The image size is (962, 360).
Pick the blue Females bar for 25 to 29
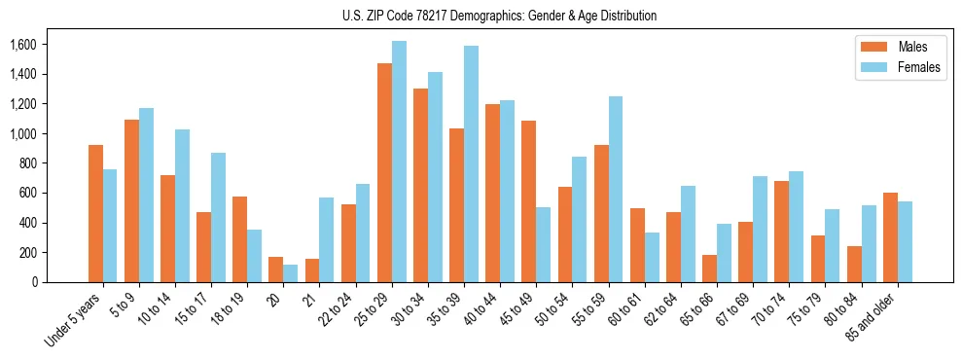click(x=399, y=162)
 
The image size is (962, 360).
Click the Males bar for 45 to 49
click(x=528, y=201)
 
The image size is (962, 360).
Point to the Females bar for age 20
click(x=291, y=273)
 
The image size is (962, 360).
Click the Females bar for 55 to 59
click(x=616, y=189)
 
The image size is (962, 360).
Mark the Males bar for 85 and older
click(x=890, y=237)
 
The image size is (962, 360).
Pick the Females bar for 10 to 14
click(x=182, y=205)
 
